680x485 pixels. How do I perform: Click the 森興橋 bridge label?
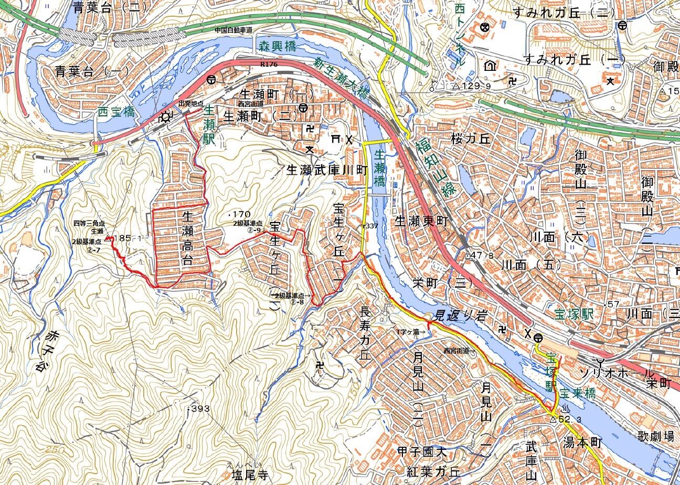[277, 46]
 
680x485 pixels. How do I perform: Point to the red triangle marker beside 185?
[109, 239]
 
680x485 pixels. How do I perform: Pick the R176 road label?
[268, 64]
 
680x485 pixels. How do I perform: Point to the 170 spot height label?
[239, 214]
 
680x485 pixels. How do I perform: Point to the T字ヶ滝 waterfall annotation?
[412, 332]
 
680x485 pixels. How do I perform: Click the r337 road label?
[370, 226]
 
